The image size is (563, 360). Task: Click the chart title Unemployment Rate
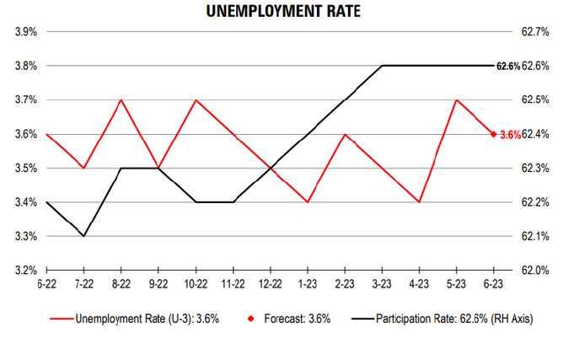281,11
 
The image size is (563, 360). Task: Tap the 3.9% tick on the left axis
24,32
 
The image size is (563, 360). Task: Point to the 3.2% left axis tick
24,271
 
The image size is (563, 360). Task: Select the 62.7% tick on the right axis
534,32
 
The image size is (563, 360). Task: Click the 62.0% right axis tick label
534,271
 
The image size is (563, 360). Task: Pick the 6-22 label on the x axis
46,285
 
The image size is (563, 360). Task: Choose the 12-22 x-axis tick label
271,285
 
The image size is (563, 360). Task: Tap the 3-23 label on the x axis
383,285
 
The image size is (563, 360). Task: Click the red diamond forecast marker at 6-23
494,134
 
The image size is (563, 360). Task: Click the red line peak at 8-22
121,99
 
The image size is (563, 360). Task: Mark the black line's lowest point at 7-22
83,236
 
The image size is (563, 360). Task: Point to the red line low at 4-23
420,202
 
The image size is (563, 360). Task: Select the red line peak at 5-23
457,99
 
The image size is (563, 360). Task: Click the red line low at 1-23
308,202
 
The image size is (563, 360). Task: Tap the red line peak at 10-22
196,99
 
